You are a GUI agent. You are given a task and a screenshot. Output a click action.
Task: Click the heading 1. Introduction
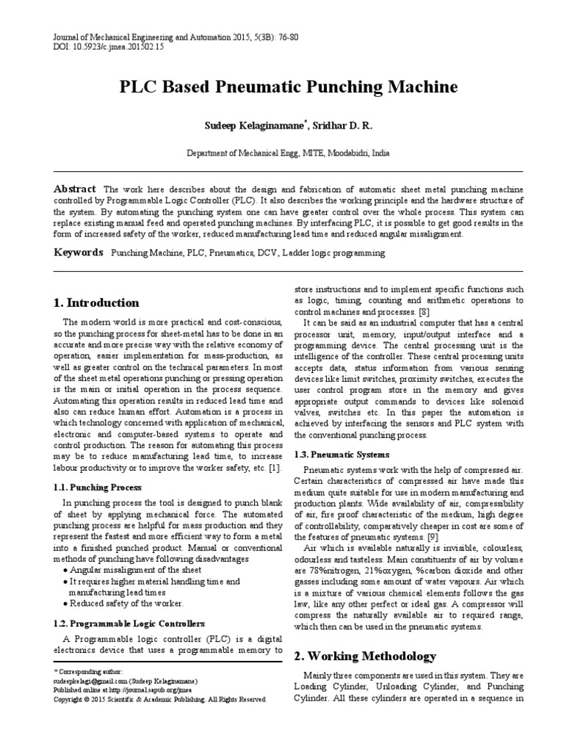point(96,303)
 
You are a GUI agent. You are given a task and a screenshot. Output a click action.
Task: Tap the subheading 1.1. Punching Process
point(99,488)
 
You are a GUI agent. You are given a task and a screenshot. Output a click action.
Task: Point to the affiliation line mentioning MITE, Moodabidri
point(287,154)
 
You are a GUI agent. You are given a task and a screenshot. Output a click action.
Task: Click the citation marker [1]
point(275,468)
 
